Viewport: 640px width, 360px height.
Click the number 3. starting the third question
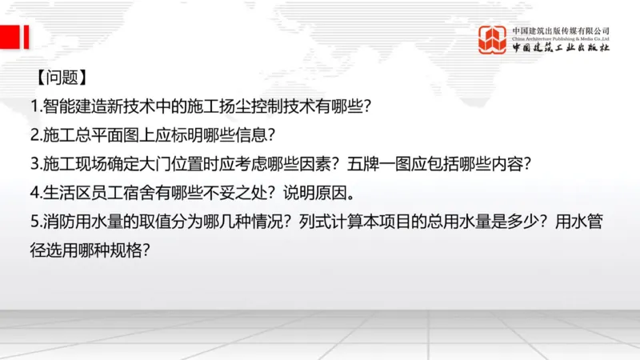[x=35, y=164]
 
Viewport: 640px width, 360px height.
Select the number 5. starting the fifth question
[x=35, y=222]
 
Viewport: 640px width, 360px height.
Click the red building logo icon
[x=493, y=39]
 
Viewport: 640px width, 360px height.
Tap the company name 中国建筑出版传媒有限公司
[x=561, y=30]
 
